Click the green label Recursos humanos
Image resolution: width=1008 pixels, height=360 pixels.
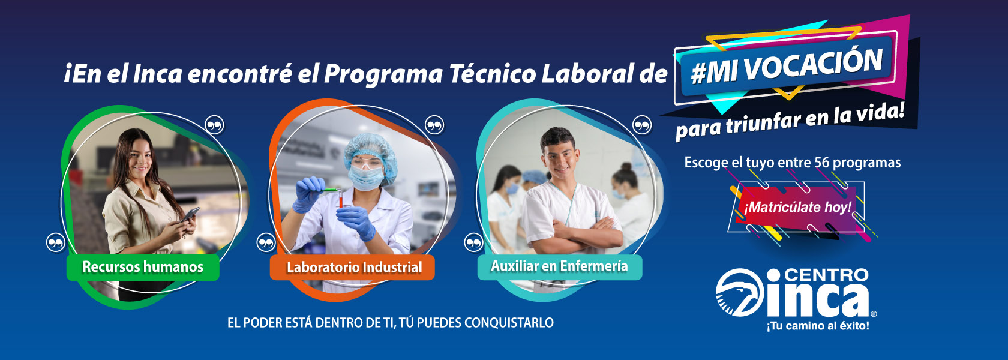[x=143, y=267]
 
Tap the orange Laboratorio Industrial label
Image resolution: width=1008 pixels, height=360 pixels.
[x=352, y=268]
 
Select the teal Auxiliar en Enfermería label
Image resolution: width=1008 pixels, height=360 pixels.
[x=559, y=267]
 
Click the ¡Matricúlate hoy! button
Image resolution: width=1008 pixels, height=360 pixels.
[x=797, y=208]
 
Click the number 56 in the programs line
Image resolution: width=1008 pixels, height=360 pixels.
[x=822, y=163]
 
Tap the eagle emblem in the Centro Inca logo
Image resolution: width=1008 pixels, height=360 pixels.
[x=740, y=293]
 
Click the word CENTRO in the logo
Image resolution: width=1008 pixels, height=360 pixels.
[x=826, y=275]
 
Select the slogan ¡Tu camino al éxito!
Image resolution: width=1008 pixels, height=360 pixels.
[x=818, y=325]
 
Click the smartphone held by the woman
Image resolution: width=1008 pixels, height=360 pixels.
[x=190, y=214]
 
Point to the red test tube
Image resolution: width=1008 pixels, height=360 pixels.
[x=340, y=199]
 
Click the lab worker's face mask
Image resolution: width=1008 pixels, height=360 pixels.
[x=366, y=178]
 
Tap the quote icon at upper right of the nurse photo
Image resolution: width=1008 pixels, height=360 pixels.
[x=642, y=125]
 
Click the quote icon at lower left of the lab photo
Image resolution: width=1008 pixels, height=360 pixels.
[x=266, y=243]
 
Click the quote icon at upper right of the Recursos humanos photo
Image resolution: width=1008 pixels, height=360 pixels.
[x=214, y=125]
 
